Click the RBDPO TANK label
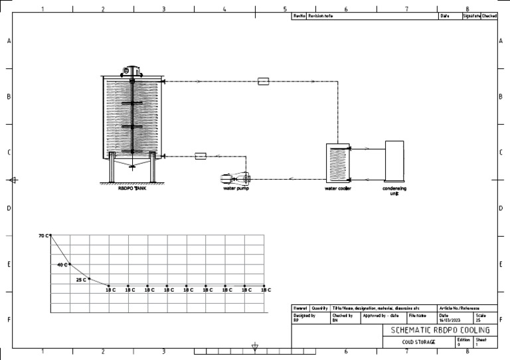(131, 188)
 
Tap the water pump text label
(236, 188)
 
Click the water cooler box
(338, 162)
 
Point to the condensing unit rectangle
(395, 161)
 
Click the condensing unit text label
(394, 190)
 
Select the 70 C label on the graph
(44, 235)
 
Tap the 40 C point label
(62, 265)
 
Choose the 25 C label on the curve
(81, 280)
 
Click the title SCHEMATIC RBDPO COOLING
(440, 330)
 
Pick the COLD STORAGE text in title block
(418, 342)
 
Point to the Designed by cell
(305, 318)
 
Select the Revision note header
(321, 15)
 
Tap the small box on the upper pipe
(263, 81)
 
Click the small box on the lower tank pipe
(201, 156)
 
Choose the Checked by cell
(344, 318)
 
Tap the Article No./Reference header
(460, 308)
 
